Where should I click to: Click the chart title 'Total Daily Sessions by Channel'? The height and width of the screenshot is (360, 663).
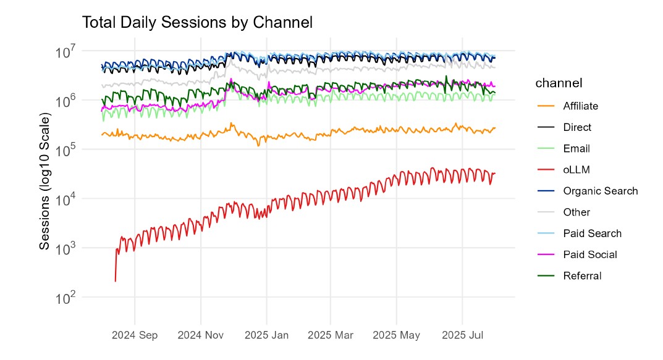[x=197, y=23]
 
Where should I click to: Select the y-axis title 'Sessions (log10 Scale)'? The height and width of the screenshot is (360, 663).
[x=44, y=181]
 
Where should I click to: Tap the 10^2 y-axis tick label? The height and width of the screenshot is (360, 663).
[x=65, y=298]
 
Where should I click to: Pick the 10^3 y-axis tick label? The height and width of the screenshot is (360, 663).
[x=65, y=248]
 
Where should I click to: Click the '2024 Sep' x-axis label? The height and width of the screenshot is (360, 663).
[x=135, y=335]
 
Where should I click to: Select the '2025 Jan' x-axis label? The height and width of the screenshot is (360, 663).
[x=266, y=335]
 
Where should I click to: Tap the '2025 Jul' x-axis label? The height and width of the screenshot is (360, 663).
[x=463, y=335]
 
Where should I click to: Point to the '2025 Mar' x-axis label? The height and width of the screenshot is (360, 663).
[x=330, y=335]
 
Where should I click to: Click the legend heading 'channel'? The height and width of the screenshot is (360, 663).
[x=559, y=83]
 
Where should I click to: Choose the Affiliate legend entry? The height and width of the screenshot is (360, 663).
[x=580, y=106]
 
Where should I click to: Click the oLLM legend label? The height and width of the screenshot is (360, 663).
[x=575, y=170]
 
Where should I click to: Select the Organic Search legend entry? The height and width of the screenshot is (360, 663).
[x=600, y=191]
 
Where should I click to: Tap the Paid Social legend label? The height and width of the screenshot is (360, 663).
[x=589, y=254]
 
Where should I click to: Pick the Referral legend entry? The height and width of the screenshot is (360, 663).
[x=582, y=276]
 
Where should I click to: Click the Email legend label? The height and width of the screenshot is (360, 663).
[x=576, y=148]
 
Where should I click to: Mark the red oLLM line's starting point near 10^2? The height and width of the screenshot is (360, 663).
[x=116, y=281]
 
